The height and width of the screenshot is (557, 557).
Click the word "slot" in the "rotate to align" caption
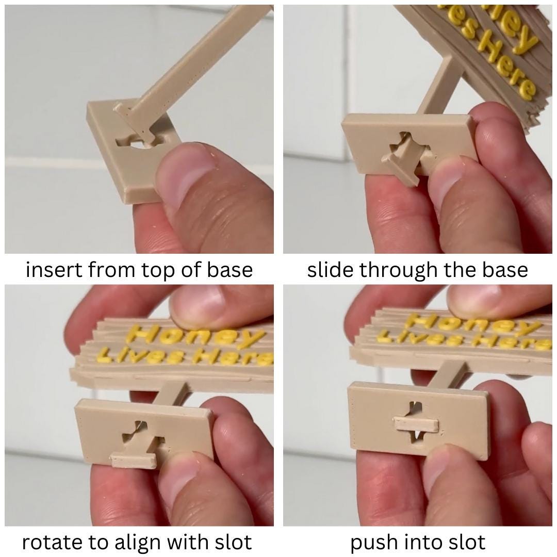(233, 543)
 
